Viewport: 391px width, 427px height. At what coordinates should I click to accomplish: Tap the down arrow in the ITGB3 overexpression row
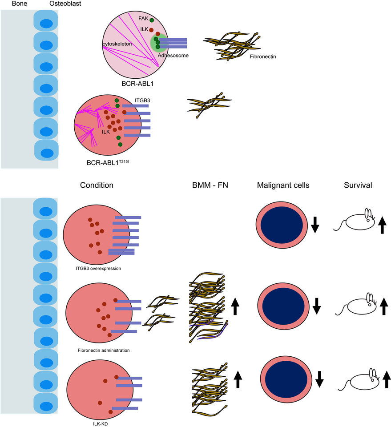[x=315, y=225]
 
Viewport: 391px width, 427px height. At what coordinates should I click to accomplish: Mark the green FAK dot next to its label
[x=152, y=20]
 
